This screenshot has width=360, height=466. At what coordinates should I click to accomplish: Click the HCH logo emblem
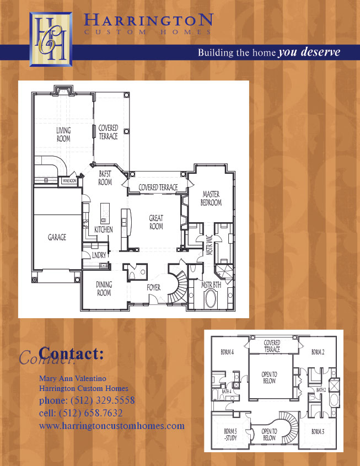pos(50,37)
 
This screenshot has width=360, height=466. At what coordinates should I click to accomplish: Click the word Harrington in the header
pos(148,21)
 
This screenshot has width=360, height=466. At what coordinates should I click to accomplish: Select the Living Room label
pos(63,135)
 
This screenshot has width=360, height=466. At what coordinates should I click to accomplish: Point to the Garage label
pos(57,237)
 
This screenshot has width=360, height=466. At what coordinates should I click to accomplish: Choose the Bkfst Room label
pos(105,178)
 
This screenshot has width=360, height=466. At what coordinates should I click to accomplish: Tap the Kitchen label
pos(104,229)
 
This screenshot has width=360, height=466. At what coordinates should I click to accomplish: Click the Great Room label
pos(156,222)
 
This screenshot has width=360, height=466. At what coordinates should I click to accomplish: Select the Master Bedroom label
pos(211,199)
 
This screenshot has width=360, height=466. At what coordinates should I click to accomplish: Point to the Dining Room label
pos(104,288)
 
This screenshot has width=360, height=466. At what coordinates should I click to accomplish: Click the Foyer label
pos(154,287)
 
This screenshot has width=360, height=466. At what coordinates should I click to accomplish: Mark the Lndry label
pos(99,255)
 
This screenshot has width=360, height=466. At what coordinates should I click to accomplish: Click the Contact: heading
pos(72,353)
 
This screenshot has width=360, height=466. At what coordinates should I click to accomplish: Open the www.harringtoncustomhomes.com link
pos(112,426)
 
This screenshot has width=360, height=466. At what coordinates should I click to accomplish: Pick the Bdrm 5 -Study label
pos(230,435)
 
